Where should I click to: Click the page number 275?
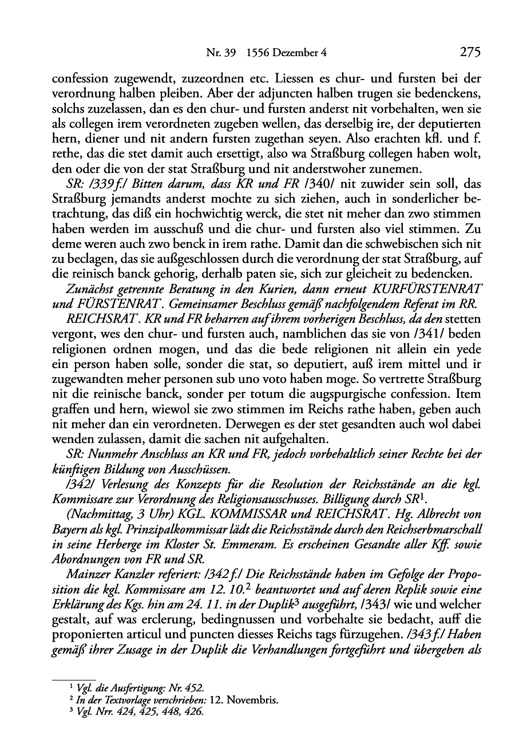tap(469, 53)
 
